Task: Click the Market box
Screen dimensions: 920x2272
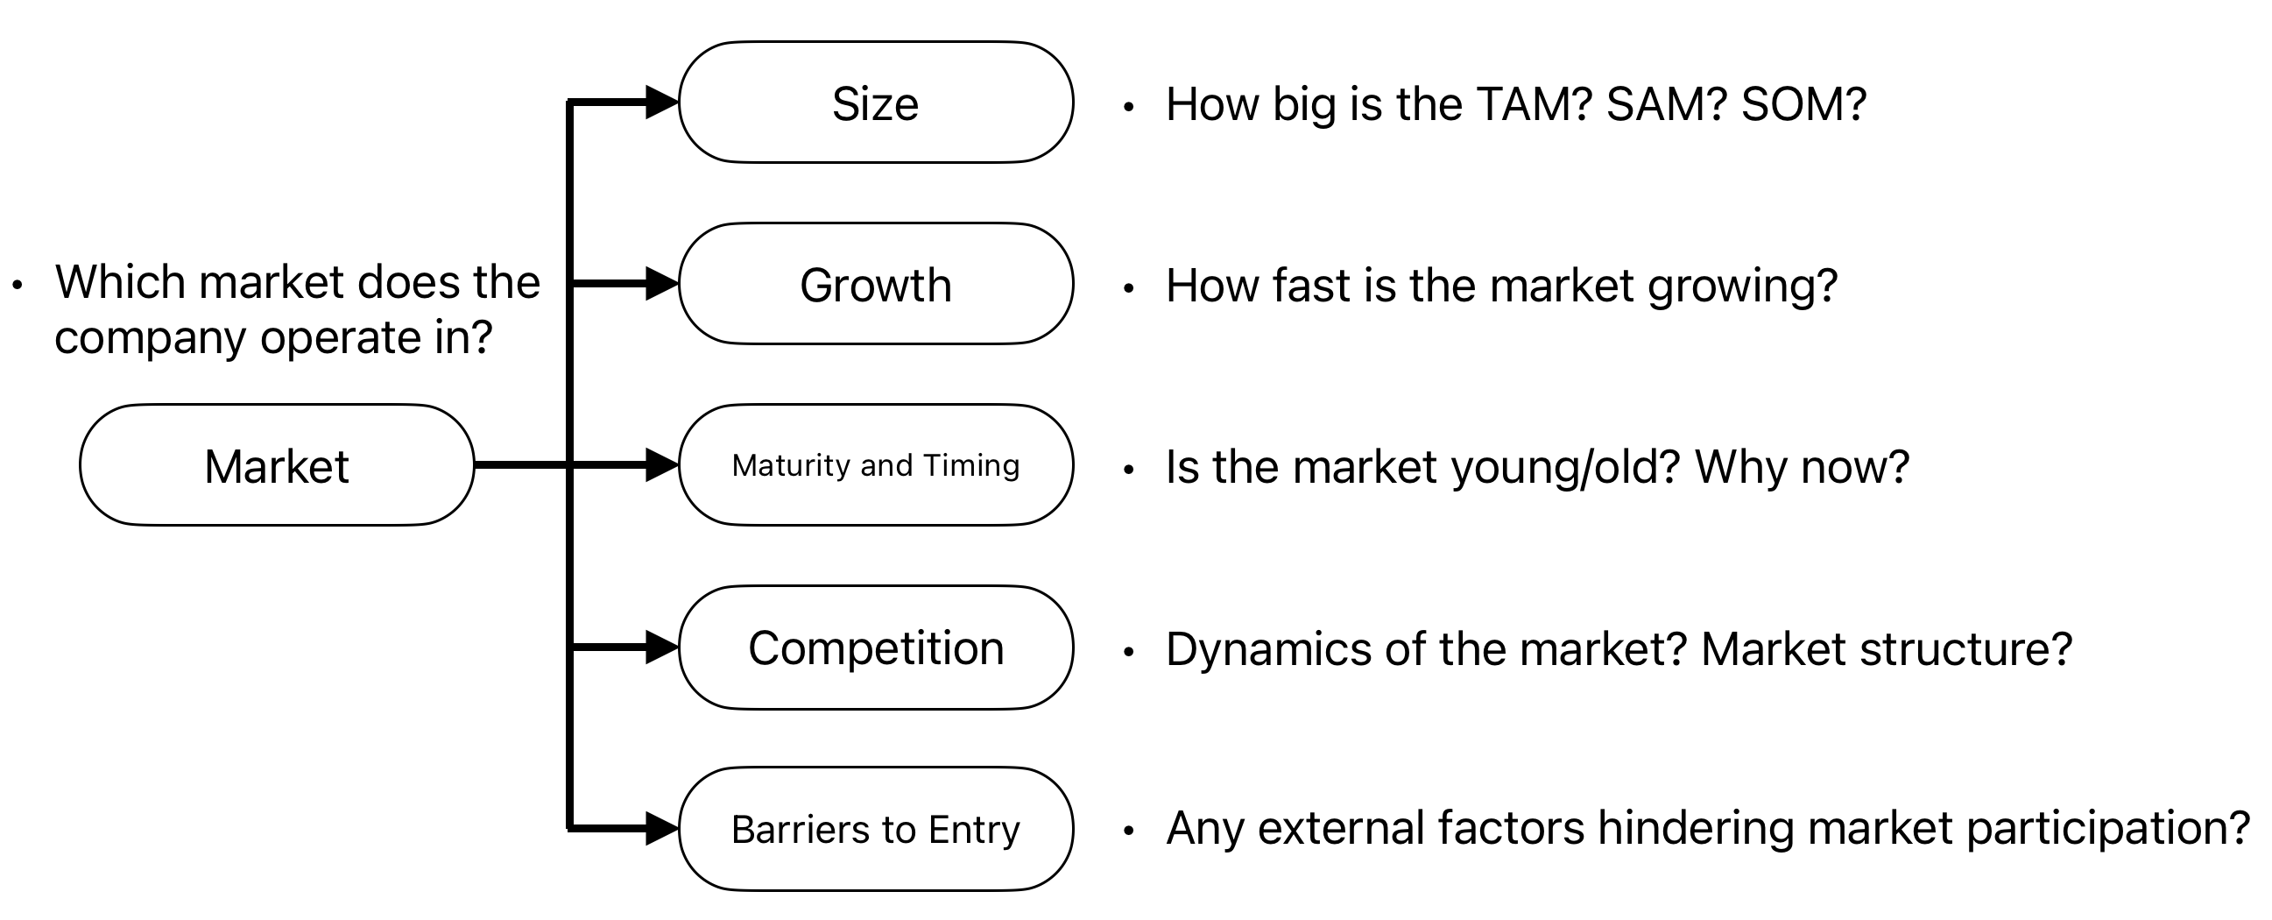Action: click(x=277, y=466)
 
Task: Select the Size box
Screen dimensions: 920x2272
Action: click(x=876, y=103)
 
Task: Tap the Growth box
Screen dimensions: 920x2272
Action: click(x=876, y=285)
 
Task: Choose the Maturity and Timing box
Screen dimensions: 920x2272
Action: click(x=876, y=466)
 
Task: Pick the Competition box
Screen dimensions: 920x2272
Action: click(x=876, y=648)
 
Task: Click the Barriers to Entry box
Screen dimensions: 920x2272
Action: click(x=876, y=829)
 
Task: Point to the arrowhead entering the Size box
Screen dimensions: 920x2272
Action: click(x=661, y=103)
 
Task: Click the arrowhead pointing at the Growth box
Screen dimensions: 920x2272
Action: click(x=661, y=284)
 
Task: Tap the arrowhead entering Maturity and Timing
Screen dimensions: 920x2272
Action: click(x=661, y=465)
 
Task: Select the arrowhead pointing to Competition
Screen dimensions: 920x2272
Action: click(x=661, y=648)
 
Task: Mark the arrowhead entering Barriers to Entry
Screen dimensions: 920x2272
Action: click(x=661, y=828)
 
